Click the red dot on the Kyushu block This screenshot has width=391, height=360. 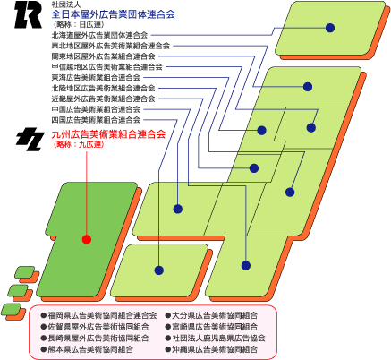[x=87, y=239]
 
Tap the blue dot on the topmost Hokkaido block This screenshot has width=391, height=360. [x=330, y=28]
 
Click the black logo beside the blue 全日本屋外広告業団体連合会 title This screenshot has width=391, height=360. [x=29, y=14]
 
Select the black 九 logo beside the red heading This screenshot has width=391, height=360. [x=30, y=139]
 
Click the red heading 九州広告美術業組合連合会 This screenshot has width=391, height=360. [x=108, y=134]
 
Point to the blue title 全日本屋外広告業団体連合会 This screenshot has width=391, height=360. [x=114, y=14]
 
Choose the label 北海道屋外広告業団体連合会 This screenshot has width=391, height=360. [x=99, y=35]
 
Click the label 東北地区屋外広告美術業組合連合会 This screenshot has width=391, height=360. [x=111, y=46]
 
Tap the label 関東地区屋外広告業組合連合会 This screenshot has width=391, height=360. [x=103, y=56]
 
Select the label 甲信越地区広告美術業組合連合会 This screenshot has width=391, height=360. [x=107, y=67]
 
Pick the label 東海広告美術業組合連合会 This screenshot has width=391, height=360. [x=96, y=78]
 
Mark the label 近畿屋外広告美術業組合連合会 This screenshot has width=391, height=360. [x=103, y=99]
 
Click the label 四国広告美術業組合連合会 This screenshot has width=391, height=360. [x=96, y=120]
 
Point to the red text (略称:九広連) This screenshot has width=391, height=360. [x=79, y=145]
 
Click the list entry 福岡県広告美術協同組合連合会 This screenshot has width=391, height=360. [x=102, y=315]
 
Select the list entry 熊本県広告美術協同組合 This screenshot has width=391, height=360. [x=90, y=349]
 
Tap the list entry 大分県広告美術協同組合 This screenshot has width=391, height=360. [x=215, y=315]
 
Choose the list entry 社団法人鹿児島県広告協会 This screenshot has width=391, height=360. [x=218, y=338]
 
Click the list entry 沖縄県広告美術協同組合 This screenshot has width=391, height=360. [x=215, y=349]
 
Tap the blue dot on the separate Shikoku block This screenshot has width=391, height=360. [x=159, y=270]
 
